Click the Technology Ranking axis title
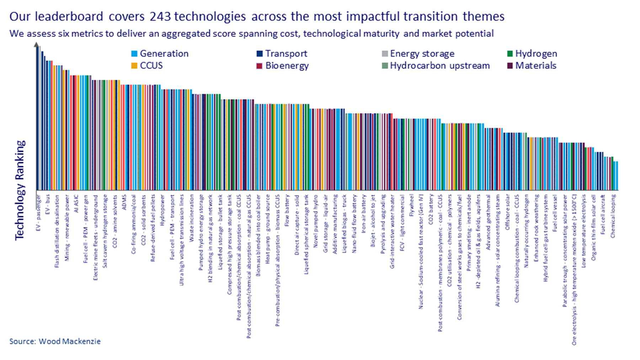point(20,190)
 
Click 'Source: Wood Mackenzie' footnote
point(55,341)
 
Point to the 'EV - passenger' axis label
point(38,212)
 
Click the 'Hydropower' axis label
point(162,210)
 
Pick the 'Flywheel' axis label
point(411,206)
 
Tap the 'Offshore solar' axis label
point(507,212)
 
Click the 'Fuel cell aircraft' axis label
point(603,214)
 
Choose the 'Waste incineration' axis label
point(191,218)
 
